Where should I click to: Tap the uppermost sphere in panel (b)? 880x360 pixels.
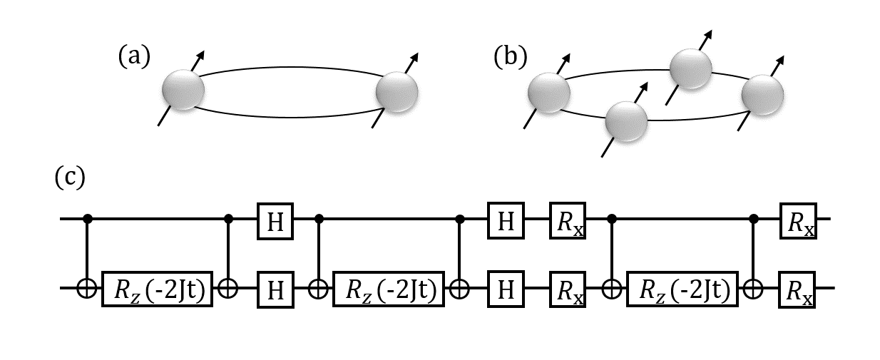coord(690,69)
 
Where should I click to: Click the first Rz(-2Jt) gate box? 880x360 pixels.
coord(158,289)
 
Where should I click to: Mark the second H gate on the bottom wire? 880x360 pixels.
coord(506,289)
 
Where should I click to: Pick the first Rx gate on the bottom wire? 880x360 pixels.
coord(568,289)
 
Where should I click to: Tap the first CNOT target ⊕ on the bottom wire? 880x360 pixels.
coord(88,289)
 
